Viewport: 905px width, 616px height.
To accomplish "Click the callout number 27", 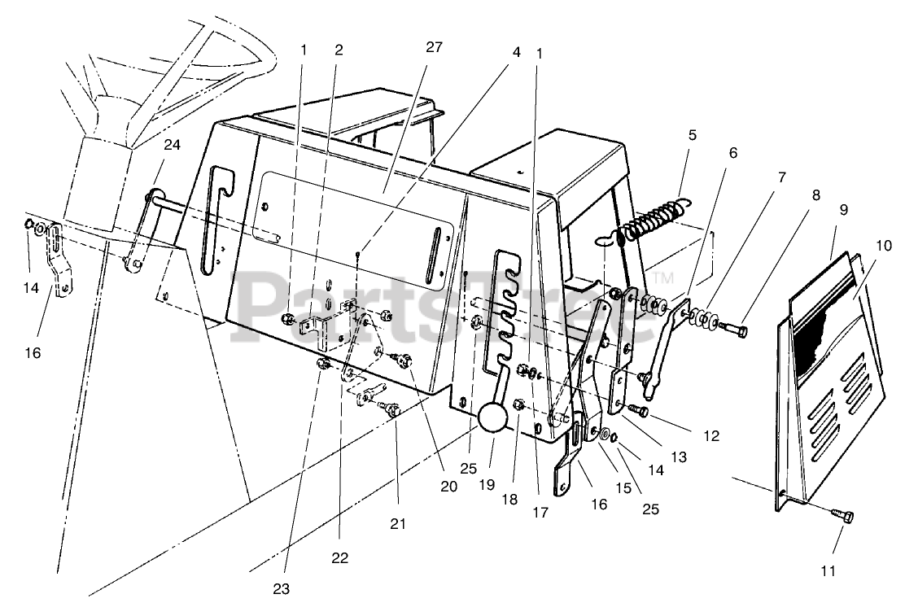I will coord(434,47).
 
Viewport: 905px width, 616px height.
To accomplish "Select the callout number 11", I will coord(828,571).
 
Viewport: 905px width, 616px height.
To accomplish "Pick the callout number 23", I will coord(282,588).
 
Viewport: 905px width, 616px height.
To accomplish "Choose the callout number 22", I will coord(340,557).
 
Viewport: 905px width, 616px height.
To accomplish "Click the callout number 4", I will coord(516,50).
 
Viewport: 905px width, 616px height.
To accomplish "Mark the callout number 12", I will coord(711,436).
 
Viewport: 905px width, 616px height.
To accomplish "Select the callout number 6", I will coord(732,153).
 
